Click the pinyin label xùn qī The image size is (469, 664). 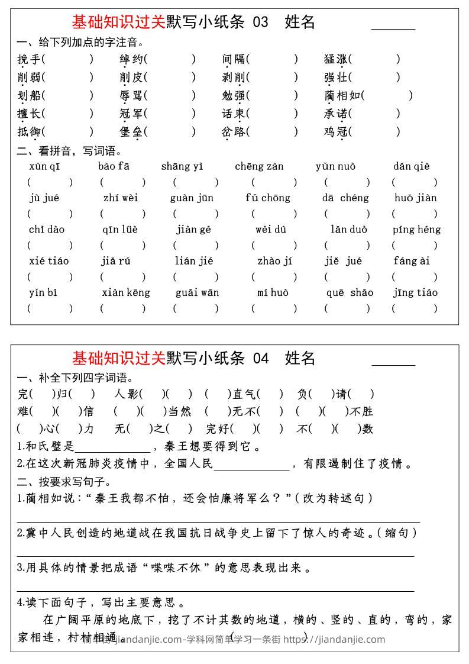tap(44, 166)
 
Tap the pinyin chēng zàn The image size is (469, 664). tap(259, 166)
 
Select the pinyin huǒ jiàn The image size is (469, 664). tap(415, 198)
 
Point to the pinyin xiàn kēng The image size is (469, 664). tap(126, 292)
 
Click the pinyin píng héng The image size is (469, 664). tap(416, 230)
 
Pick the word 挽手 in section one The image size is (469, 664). tap(29, 59)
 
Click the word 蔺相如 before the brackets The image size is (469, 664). tap(342, 95)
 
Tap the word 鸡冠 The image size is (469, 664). tap(335, 132)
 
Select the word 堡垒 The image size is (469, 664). tap(131, 132)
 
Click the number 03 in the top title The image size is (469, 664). tap(260, 22)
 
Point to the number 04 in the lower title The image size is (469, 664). tap(260, 358)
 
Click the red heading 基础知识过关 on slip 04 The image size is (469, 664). tap(118, 358)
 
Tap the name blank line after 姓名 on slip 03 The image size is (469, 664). tap(393, 28)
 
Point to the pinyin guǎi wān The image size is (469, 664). tap(197, 292)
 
